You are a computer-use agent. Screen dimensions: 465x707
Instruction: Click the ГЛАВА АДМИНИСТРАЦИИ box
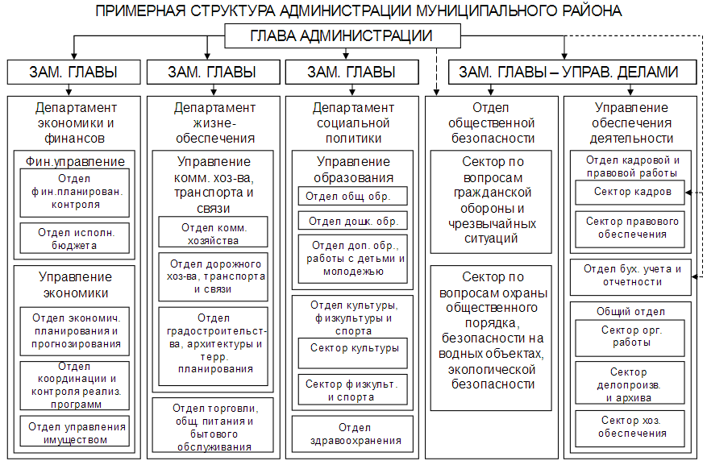pyautogui.click(x=342, y=36)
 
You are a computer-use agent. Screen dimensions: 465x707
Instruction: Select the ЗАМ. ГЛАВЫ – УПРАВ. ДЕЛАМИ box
pyautogui.click(x=568, y=72)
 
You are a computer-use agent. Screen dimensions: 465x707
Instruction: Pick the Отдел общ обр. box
pyautogui.click(x=353, y=196)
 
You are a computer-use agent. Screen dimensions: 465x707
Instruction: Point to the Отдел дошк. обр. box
pyautogui.click(x=353, y=221)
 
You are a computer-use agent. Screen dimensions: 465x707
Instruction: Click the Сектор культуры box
pyautogui.click(x=353, y=349)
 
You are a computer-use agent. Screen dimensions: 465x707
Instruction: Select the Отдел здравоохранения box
pyautogui.click(x=353, y=434)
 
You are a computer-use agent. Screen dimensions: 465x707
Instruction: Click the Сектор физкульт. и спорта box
pyautogui.click(x=353, y=390)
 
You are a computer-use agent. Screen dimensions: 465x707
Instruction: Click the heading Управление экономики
pyautogui.click(x=73, y=284)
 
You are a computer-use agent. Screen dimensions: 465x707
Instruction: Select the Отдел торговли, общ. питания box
pyautogui.click(x=211, y=427)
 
